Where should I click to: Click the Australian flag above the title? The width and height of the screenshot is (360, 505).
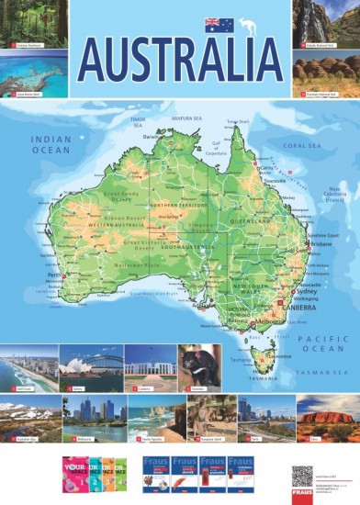[219, 24]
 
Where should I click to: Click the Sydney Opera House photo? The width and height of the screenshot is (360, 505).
[91, 369]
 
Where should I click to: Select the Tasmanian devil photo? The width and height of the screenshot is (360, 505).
[199, 368]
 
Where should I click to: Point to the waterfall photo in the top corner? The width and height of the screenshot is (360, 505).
[326, 24]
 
